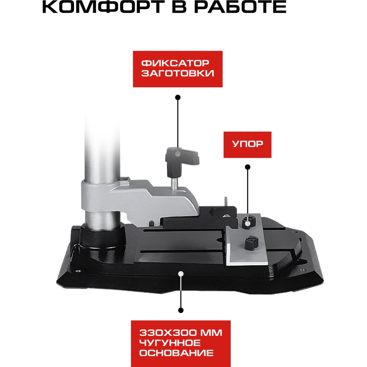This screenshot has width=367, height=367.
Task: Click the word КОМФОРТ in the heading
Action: pyautogui.click(x=103, y=7)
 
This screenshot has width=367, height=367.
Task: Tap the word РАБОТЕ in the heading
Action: pyautogui.click(x=240, y=7)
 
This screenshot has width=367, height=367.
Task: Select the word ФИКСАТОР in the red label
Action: pyautogui.click(x=175, y=63)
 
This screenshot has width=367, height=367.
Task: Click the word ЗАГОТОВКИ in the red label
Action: pyautogui.click(x=178, y=73)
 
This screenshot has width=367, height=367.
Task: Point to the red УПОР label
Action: pyautogui.click(x=247, y=145)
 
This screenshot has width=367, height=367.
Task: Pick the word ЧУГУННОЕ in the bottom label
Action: pyautogui.click(x=170, y=343)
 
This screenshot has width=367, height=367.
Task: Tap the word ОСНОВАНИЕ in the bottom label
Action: pyautogui.click(x=177, y=353)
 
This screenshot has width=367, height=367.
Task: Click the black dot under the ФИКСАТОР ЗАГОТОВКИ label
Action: pyautogui.click(x=178, y=97)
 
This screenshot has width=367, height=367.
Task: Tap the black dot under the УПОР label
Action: pyautogui.click(x=248, y=167)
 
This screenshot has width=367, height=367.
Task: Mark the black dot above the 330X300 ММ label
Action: pyautogui.click(x=181, y=310)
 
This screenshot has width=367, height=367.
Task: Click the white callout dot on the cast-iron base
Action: pyautogui.click(x=181, y=273)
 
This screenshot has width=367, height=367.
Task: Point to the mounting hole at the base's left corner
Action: pyautogui.click(x=78, y=272)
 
